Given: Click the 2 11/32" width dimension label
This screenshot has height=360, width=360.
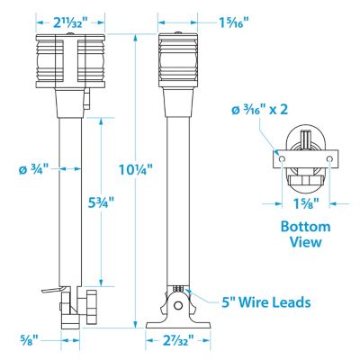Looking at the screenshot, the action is pyautogui.click(x=70, y=22).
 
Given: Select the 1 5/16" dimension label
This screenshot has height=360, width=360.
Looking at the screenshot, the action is pyautogui.click(x=234, y=22).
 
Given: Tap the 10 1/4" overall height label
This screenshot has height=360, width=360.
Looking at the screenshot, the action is pyautogui.click(x=136, y=170).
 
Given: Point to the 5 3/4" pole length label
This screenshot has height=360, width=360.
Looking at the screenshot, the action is pyautogui.click(x=102, y=203).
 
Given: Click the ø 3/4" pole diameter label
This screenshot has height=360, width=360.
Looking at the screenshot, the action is pyautogui.click(x=33, y=169).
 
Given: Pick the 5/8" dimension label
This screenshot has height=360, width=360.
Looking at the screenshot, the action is pyautogui.click(x=28, y=340).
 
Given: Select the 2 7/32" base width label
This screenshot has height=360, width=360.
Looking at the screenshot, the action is pyautogui.click(x=178, y=340).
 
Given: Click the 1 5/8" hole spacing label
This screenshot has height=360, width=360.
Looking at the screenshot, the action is pyautogui.click(x=306, y=204).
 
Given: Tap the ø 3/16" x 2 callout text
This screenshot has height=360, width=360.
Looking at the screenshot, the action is pyautogui.click(x=260, y=110).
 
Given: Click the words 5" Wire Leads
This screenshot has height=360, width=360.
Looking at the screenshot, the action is pyautogui.click(x=266, y=302).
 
